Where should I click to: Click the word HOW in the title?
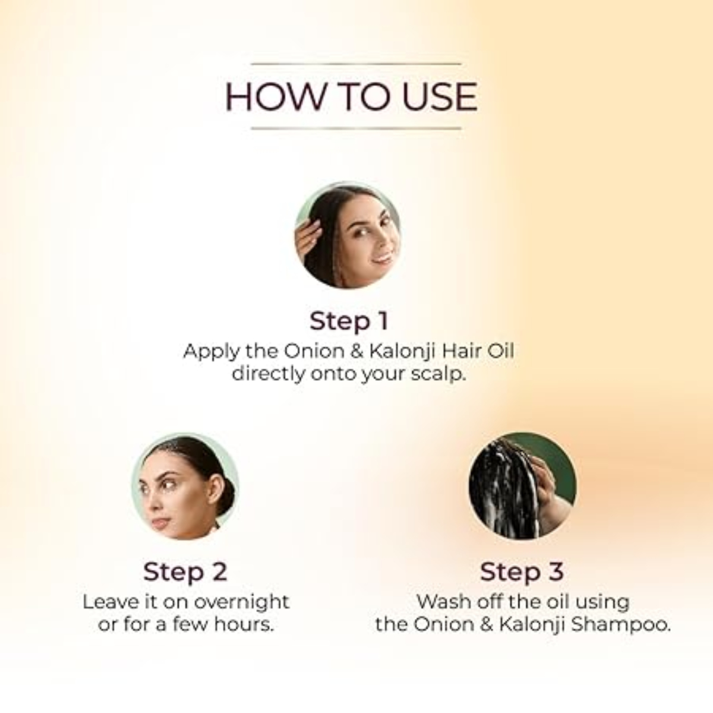pyautogui.click(x=274, y=97)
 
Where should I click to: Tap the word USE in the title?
pyautogui.click(x=440, y=97)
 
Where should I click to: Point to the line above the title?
pyautogui.click(x=356, y=64)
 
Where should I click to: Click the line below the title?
pyautogui.click(x=356, y=128)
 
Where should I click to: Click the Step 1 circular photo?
pyautogui.click(x=348, y=235)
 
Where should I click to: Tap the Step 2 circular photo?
pyautogui.click(x=185, y=486)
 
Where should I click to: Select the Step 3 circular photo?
pyautogui.click(x=522, y=486)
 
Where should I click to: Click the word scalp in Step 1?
pyautogui.click(x=438, y=375)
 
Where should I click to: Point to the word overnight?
pyautogui.click(x=242, y=602)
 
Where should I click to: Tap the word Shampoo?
pyautogui.click(x=621, y=625)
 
